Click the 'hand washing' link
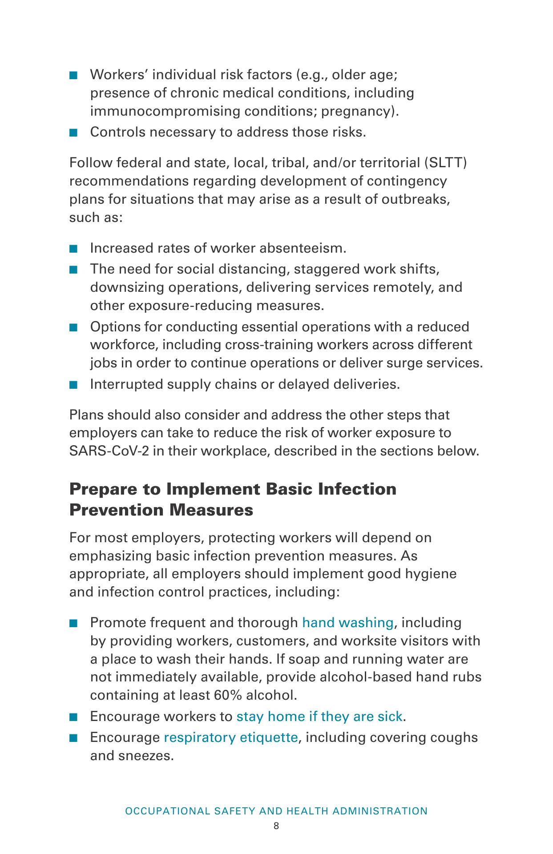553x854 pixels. [x=347, y=622]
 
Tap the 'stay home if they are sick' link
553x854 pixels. [x=319, y=716]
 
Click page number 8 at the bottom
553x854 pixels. [x=276, y=826]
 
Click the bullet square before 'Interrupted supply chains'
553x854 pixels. [x=74, y=385]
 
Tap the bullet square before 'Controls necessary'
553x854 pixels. [x=74, y=133]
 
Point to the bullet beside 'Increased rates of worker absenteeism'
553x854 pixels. [x=74, y=249]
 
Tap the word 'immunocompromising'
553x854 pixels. [x=165, y=111]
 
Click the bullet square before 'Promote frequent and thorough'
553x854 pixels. [x=74, y=623]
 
